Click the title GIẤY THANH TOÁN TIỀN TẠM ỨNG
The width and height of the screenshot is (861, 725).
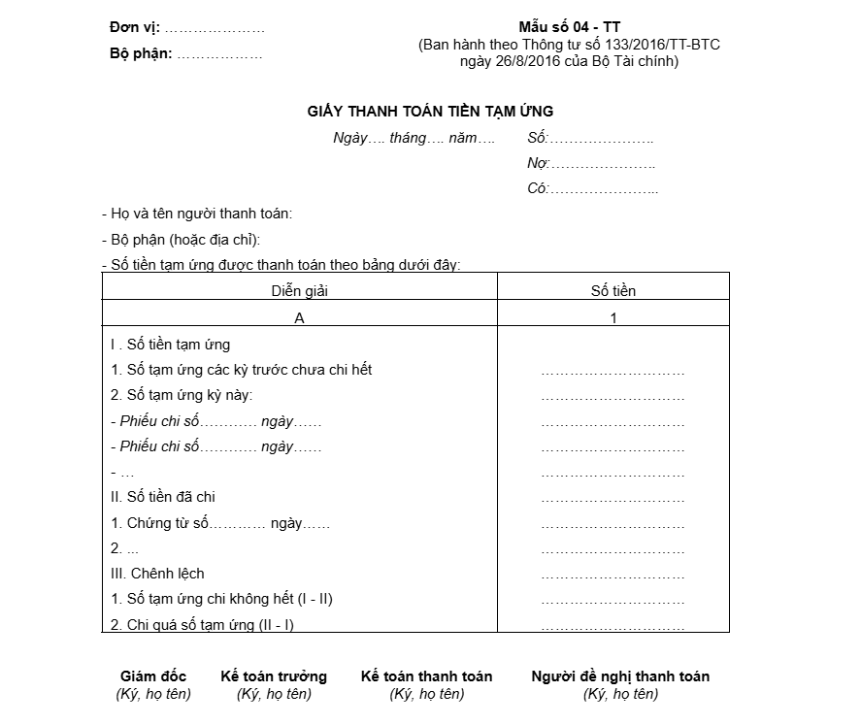pos(430,112)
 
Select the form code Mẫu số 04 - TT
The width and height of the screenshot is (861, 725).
pos(569,27)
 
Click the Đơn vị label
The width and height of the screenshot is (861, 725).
pos(135,28)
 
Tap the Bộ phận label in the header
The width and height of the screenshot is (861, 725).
pos(141,53)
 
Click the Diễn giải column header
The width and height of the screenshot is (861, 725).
pos(299,290)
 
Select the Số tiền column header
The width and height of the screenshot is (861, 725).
pos(613,290)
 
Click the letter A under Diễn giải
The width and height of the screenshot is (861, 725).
pos(299,317)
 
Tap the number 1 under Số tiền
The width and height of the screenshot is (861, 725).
pos(613,317)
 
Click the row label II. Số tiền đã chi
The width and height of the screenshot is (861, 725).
pos(163,497)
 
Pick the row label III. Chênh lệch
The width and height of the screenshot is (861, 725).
pos(158,573)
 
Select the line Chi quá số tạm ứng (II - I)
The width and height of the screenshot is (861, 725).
pos(210,624)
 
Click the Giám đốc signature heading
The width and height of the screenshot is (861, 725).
pos(153,676)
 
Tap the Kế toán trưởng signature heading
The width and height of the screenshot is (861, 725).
pos(274,676)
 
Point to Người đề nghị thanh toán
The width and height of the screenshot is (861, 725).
pos(620,676)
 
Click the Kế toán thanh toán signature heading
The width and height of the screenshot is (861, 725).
pos(426,676)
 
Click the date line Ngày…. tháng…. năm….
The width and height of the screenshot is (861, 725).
pos(414,138)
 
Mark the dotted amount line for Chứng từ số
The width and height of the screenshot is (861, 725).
pos(613,524)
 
